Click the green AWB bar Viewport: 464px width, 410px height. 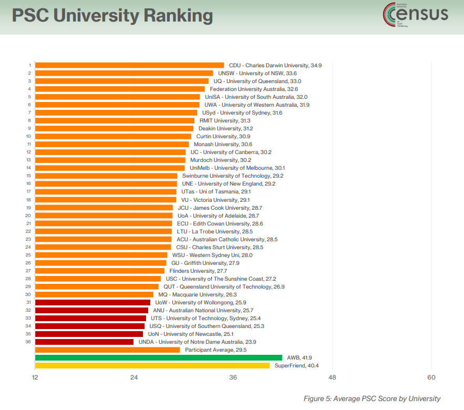click(158, 357)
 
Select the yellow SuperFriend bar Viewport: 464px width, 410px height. click(152, 365)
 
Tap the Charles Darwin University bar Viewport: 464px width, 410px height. click(129, 65)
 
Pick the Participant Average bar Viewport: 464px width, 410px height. click(107, 350)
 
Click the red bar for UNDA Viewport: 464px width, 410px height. click(84, 342)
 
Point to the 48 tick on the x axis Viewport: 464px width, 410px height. click(332, 377)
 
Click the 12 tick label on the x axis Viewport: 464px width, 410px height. click(35, 377)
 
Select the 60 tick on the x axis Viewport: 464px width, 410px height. click(431, 377)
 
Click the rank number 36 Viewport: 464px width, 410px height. click(28, 342)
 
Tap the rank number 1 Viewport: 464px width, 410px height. click(29, 65)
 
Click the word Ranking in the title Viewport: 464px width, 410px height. click(178, 16)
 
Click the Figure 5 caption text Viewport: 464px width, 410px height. click(372, 398)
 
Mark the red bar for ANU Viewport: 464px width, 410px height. click(91, 310)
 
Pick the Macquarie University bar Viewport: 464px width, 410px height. click(94, 294)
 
